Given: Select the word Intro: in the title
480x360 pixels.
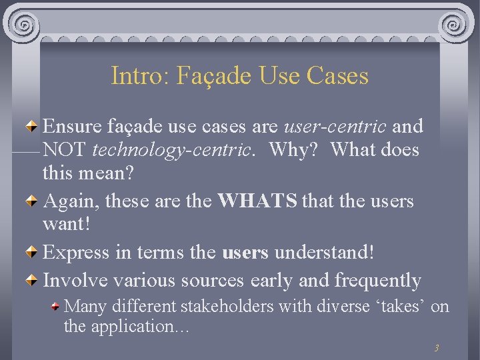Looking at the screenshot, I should point(140,75).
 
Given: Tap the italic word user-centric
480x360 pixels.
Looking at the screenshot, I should point(335,126).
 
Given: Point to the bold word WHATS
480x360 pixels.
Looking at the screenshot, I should point(257,201).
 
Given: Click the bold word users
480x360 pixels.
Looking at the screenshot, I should point(245,253).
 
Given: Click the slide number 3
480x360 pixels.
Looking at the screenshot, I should point(436,348).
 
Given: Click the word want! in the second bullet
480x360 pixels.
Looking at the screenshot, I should point(65,225).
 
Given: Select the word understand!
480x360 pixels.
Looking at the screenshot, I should point(324,253).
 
